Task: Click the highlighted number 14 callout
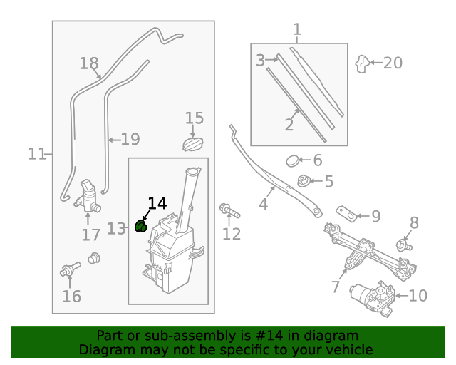point(157,203)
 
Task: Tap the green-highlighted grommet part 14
point(141,227)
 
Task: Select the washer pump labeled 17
point(88,195)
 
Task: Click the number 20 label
point(393,63)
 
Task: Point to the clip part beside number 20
point(363,64)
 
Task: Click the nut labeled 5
point(304,181)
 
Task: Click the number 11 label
point(37,153)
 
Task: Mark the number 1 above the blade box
point(297,30)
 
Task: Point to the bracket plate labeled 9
point(347,214)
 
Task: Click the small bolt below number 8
point(405,246)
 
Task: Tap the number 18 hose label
point(89,64)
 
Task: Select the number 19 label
point(130,140)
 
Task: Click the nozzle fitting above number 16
point(69,270)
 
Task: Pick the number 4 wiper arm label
point(264,205)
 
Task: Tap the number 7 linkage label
point(336,287)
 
